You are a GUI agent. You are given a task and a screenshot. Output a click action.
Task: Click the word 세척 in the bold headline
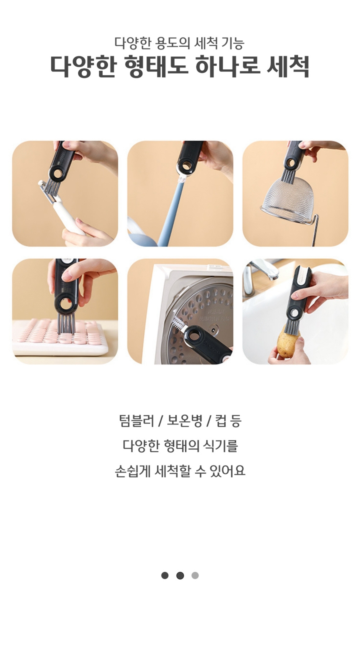click(288, 66)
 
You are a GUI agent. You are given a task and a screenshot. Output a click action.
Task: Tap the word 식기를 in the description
click(221, 446)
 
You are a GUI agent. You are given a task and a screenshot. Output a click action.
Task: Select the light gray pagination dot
click(195, 575)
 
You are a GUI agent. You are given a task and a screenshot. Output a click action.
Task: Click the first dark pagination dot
click(165, 575)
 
